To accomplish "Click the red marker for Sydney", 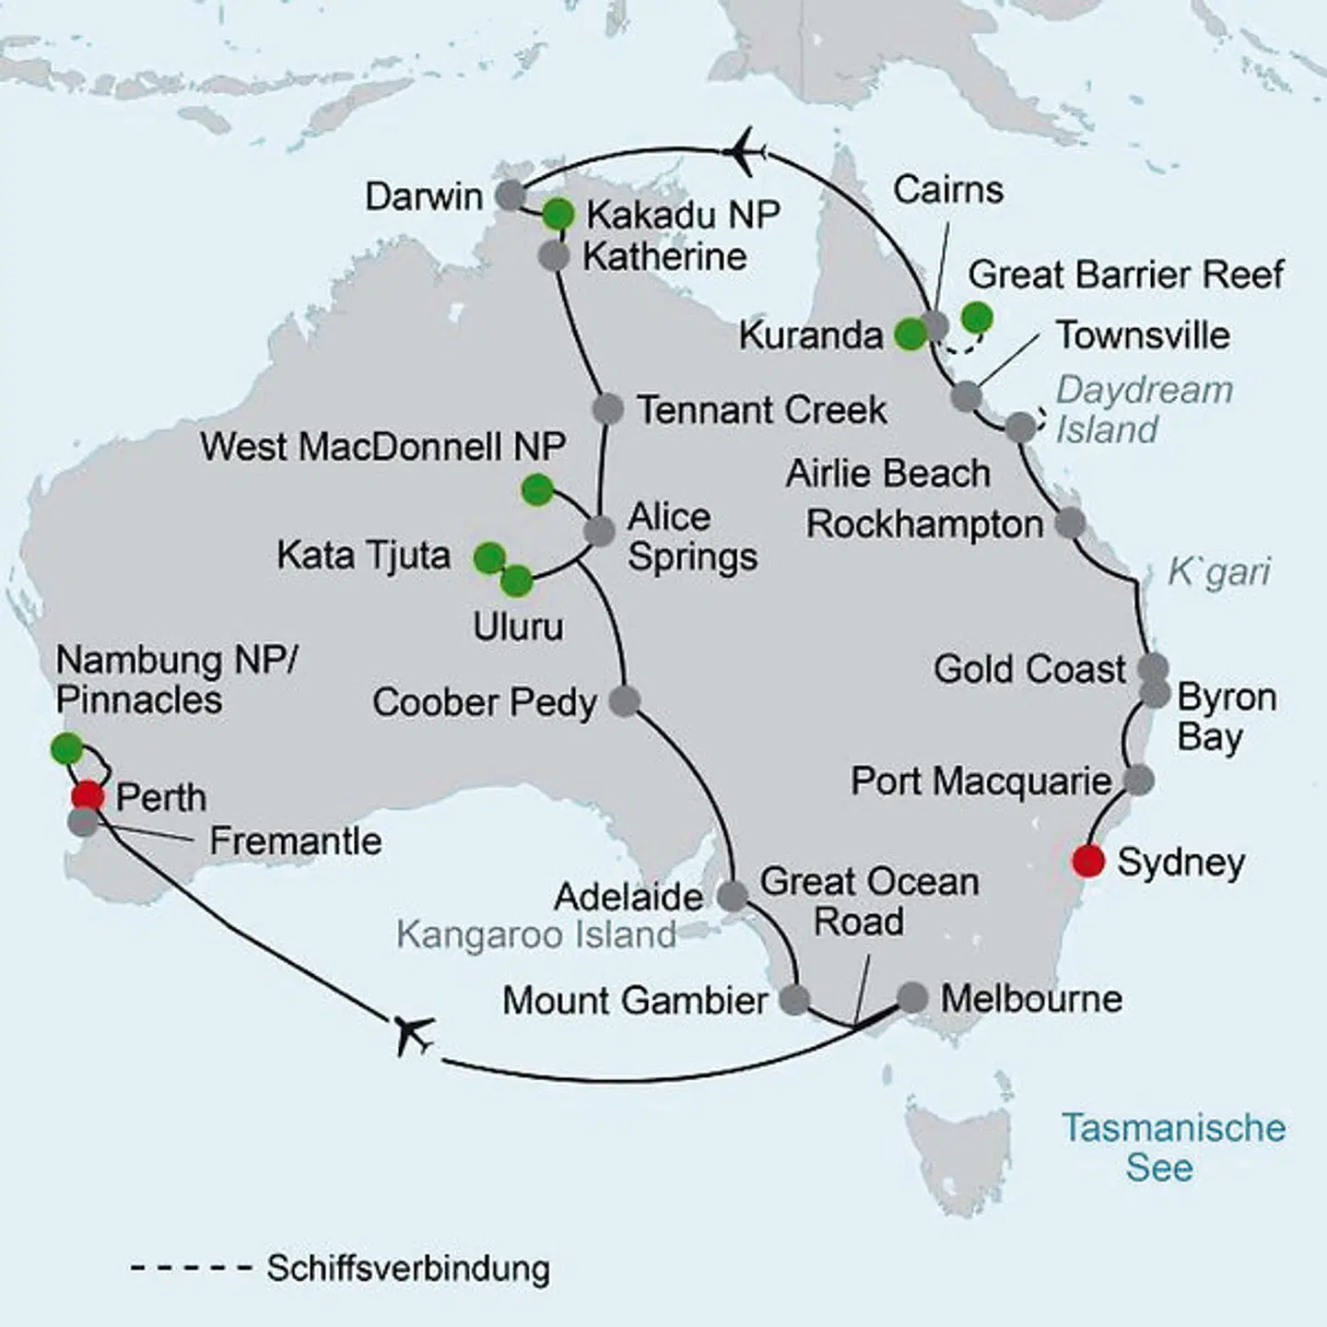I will coord(1088,861).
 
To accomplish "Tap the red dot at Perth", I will coord(88,795).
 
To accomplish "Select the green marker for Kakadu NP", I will coord(558,214).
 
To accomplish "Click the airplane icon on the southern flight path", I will coord(414,1033).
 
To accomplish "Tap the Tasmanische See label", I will coord(1172,1147).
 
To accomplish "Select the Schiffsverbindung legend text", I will coord(408,1268).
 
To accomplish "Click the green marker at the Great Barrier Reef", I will coord(977,317).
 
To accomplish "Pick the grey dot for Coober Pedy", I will coord(625,700).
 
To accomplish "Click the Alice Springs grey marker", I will coord(599,531).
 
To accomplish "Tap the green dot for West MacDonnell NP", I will coord(537,489).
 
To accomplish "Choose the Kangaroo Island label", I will coord(536,935).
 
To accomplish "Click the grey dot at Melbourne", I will coord(912,997).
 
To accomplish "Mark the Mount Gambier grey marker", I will coord(794,999).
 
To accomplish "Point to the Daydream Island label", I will coord(1143,410).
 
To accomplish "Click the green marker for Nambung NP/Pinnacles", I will coord(66,748).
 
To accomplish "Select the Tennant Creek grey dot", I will coord(607,408).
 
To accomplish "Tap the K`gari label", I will coord(1218,572).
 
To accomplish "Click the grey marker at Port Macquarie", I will coord(1139,780).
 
